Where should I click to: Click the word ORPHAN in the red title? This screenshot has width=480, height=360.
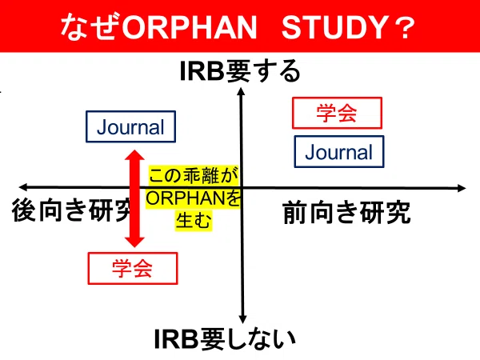tap(190, 27)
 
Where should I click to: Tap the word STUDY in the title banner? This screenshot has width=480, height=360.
tap(335, 27)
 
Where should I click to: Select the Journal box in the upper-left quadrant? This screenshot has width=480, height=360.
tap(130, 126)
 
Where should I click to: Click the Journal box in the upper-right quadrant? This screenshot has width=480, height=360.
tap(339, 151)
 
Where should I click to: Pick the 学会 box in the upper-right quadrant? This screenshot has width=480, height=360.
tap(337, 113)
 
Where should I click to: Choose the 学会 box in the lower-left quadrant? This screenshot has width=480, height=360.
tap(133, 268)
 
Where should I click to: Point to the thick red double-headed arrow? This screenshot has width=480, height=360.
tap(134, 198)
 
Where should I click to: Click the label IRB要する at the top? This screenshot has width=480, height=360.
tap(240, 71)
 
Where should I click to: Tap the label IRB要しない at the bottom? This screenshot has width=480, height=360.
tap(225, 339)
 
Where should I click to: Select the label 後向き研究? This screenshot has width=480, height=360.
tap(72, 210)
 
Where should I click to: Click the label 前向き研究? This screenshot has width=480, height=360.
tap(347, 213)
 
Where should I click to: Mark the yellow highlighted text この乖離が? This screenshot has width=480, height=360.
tap(194, 176)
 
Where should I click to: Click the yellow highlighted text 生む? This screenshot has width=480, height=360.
tap(194, 220)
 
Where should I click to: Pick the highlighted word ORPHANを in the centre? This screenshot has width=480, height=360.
tap(193, 198)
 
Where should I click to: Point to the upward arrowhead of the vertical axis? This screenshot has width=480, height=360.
tap(242, 91)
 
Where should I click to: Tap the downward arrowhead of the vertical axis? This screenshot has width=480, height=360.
tap(242, 319)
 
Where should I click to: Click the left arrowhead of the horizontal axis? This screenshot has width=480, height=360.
tap(23, 187)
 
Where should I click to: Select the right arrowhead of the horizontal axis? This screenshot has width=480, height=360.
tap(462, 188)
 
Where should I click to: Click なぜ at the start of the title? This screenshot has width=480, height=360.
tap(91, 27)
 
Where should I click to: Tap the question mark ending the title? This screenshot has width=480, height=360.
tap(404, 27)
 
